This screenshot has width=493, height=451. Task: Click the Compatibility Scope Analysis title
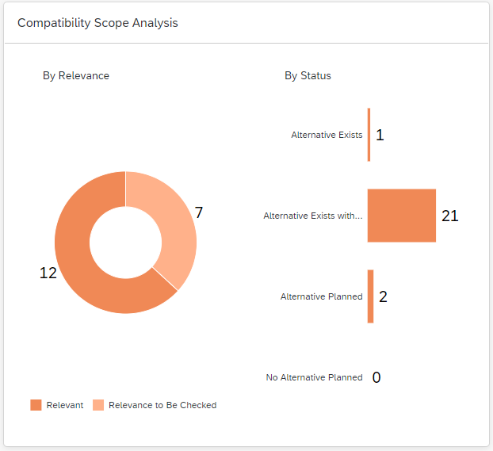point(97,23)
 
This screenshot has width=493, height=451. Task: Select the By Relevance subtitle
point(76,76)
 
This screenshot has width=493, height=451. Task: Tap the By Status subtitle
point(308,76)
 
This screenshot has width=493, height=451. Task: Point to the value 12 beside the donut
point(48,273)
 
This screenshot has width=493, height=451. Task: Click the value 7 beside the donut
point(199,212)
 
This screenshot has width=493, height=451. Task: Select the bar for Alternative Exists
point(369,135)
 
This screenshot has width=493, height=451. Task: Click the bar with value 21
point(401,216)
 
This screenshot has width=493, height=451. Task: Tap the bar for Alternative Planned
point(370,296)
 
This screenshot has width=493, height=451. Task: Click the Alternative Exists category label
point(327,135)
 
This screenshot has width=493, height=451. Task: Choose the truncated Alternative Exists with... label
point(313,216)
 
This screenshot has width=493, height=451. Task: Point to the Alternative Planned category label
point(321,296)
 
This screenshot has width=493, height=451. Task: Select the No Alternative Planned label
point(314,377)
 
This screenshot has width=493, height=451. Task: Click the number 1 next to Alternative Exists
point(380,135)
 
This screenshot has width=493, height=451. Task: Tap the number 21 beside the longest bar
point(450,216)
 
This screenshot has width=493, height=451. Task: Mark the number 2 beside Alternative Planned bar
point(383,296)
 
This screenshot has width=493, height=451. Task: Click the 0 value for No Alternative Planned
point(376,377)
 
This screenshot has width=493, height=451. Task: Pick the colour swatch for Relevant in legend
point(36,405)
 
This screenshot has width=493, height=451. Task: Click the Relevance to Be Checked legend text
point(162,405)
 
